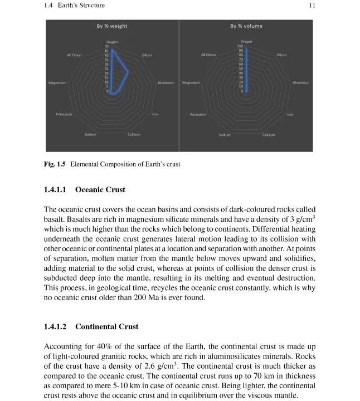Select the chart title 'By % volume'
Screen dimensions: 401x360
point(246,26)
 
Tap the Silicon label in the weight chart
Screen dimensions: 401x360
point(147,55)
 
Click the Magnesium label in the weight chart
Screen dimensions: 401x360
point(57,83)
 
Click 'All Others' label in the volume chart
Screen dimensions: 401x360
point(209,55)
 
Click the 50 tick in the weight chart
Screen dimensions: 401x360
point(107,46)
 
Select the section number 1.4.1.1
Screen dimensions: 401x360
point(55,190)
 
